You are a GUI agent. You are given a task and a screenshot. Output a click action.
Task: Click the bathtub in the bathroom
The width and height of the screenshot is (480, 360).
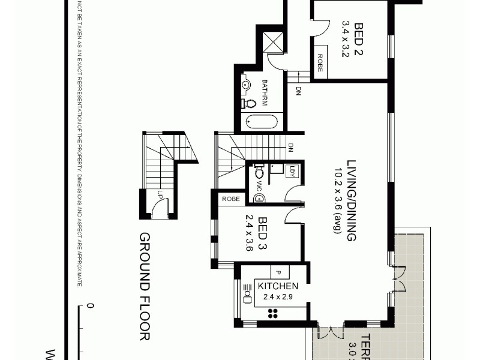[x=262, y=122]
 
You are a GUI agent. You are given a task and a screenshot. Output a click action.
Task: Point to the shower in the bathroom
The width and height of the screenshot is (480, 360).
[x=275, y=42]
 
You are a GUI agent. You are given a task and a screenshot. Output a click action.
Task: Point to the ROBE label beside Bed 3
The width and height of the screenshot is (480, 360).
[x=231, y=199]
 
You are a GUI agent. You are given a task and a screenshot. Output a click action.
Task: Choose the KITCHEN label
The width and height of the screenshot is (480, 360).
[x=278, y=286]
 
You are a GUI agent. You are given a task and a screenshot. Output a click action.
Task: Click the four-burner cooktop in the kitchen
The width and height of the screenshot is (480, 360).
[x=273, y=312]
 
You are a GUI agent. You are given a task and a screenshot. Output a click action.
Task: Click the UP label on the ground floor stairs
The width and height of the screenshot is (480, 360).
[x=160, y=194]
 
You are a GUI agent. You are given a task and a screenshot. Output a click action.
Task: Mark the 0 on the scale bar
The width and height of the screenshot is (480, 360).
[x=90, y=306]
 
